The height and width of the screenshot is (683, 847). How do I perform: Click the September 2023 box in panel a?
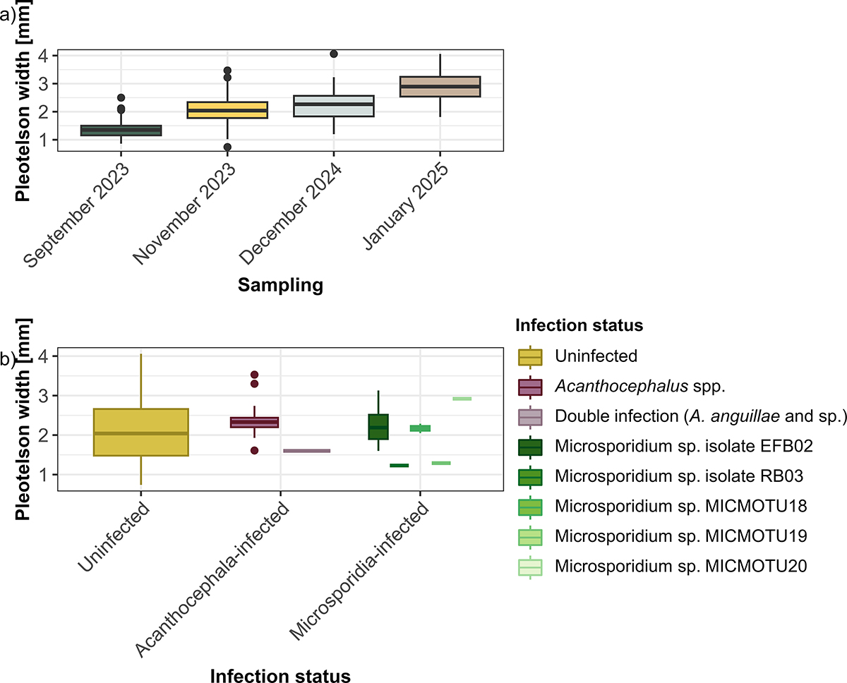click(x=121, y=130)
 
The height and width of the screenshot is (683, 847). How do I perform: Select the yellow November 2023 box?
click(x=227, y=110)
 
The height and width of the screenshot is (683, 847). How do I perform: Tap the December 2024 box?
click(x=333, y=106)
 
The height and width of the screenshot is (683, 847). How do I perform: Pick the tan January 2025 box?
click(x=440, y=86)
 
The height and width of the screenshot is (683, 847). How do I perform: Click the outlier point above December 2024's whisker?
click(x=334, y=54)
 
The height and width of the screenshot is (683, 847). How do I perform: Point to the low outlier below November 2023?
click(x=227, y=147)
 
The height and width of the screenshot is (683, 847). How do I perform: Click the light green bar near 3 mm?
click(x=462, y=399)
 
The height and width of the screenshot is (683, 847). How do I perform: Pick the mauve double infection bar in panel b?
click(x=306, y=451)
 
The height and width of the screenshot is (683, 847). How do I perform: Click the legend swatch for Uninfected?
click(x=529, y=356)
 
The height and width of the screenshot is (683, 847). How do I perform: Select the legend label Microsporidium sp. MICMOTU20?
click(x=680, y=566)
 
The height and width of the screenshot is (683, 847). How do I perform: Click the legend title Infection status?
click(x=579, y=325)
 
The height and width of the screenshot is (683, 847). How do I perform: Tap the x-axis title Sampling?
click(x=280, y=285)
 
